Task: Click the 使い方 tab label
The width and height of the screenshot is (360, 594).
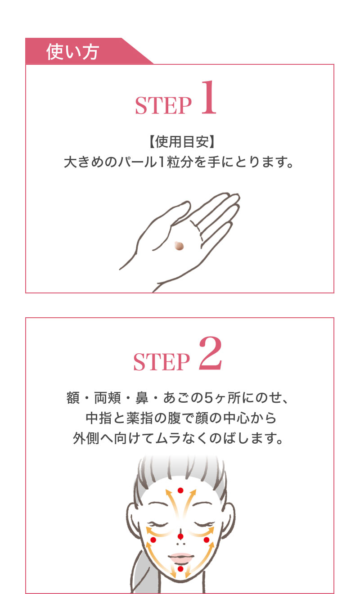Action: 72,52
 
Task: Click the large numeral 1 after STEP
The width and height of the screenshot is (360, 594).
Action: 207,99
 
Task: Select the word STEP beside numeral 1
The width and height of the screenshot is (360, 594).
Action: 163,105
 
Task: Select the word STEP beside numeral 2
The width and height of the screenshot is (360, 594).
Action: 162,362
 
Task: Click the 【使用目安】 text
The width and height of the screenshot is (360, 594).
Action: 180,142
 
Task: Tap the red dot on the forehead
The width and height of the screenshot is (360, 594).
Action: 180,490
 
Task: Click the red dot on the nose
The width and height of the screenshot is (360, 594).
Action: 180,536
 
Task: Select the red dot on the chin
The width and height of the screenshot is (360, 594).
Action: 180,569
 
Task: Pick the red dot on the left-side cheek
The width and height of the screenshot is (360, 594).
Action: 153,540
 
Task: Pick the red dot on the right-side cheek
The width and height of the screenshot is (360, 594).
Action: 207,540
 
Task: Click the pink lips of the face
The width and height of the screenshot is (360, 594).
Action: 180,557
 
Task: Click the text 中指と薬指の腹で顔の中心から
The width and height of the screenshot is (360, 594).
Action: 180,418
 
